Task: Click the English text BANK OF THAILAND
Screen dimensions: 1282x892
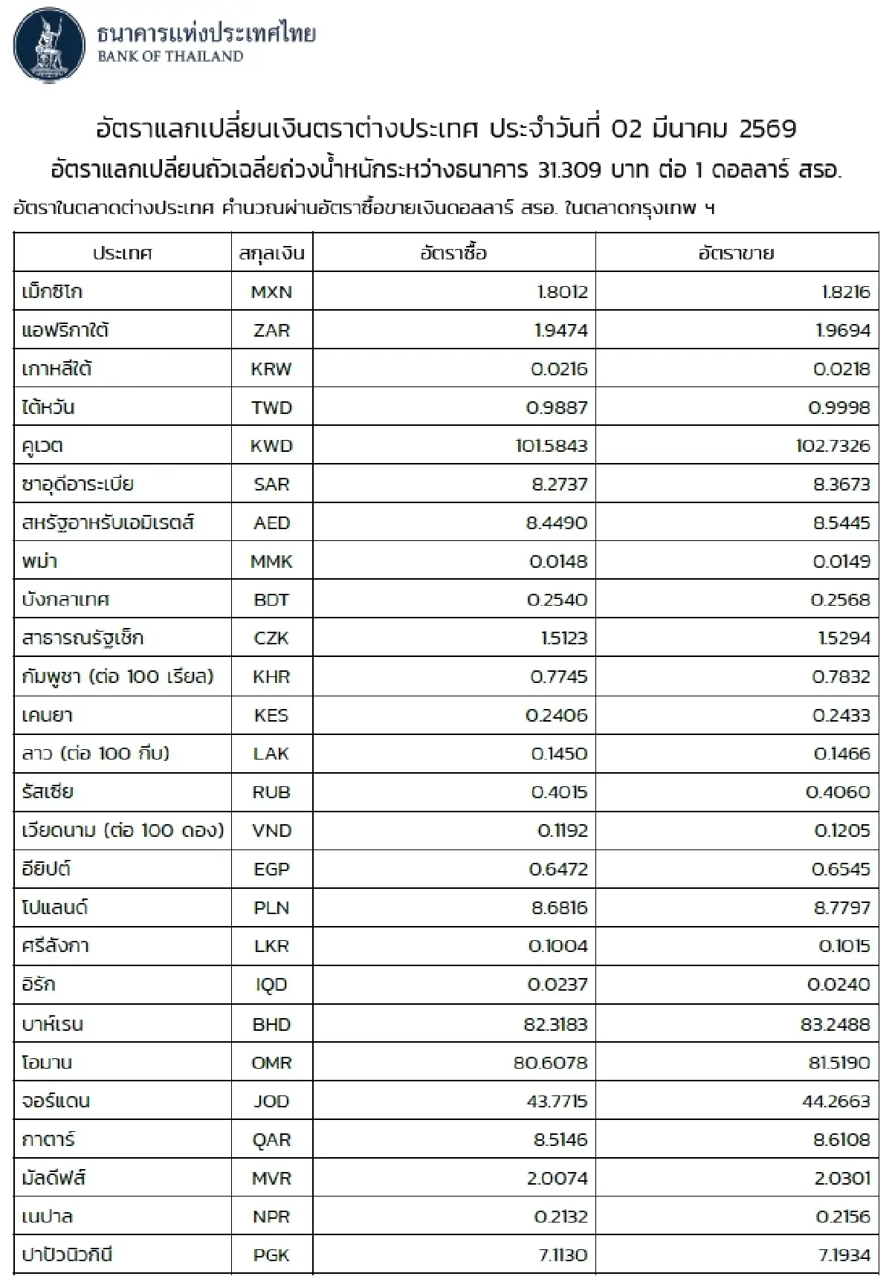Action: pos(170,56)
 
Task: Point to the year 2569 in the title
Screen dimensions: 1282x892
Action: pos(768,129)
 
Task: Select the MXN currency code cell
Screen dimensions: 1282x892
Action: pos(271,292)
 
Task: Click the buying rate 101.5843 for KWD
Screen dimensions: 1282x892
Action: pos(551,446)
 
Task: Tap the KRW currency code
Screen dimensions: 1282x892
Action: pos(271,369)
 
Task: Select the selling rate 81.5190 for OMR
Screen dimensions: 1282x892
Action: pos(838,1063)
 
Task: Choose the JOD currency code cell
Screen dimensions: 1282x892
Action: pos(271,1101)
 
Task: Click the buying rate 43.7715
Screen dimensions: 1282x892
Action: pos(557,1101)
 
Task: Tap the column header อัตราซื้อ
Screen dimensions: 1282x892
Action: pos(453,253)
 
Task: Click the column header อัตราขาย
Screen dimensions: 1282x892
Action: pos(736,253)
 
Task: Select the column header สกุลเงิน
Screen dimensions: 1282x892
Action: pos(271,253)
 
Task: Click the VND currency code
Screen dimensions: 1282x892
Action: pos(271,831)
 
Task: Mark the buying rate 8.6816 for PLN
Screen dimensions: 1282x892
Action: pos(560,908)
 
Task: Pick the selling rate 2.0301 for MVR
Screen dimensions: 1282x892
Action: pos(841,1179)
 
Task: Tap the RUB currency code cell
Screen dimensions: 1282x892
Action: pos(271,792)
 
